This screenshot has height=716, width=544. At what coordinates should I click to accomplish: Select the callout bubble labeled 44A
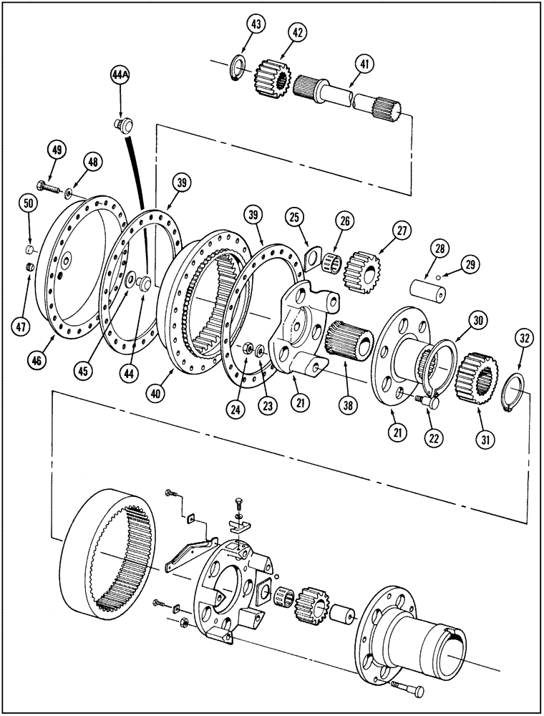pos(121,74)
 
